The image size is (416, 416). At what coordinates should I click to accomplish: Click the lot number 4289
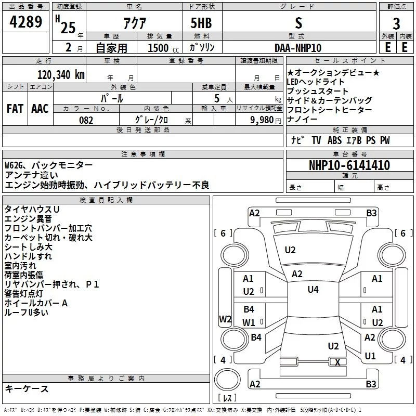coord(25,21)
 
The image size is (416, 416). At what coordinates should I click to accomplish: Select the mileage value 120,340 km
coord(61,75)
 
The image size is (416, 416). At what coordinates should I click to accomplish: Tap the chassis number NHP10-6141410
coord(349,165)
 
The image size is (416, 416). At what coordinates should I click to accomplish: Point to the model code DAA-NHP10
coord(298,48)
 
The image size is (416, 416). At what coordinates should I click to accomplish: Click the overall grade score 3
coord(396,24)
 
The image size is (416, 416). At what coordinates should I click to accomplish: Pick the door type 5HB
coord(201,23)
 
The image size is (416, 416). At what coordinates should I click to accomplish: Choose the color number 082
coord(86,120)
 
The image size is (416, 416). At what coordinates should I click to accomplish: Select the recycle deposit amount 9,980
coord(262,120)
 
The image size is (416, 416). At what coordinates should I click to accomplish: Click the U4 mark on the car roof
coord(313,290)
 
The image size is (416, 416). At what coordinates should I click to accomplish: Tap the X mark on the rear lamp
coord(337,362)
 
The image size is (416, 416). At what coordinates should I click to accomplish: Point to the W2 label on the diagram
coord(225,319)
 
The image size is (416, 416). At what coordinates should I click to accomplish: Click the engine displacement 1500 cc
coord(163,48)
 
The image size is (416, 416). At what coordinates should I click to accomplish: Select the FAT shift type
coord(15,109)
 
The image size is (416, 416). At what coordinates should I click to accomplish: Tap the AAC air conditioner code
coord(40,109)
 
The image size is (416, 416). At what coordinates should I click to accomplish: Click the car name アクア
coord(135,23)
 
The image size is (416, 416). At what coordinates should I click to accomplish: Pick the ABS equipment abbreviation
coord(334,140)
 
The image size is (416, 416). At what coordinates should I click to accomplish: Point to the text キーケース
coord(27,389)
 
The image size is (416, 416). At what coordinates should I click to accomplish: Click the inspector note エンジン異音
coord(28,219)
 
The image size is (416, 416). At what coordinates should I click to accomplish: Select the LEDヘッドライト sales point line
coord(316,82)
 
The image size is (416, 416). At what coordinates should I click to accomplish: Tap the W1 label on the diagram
coord(249,322)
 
